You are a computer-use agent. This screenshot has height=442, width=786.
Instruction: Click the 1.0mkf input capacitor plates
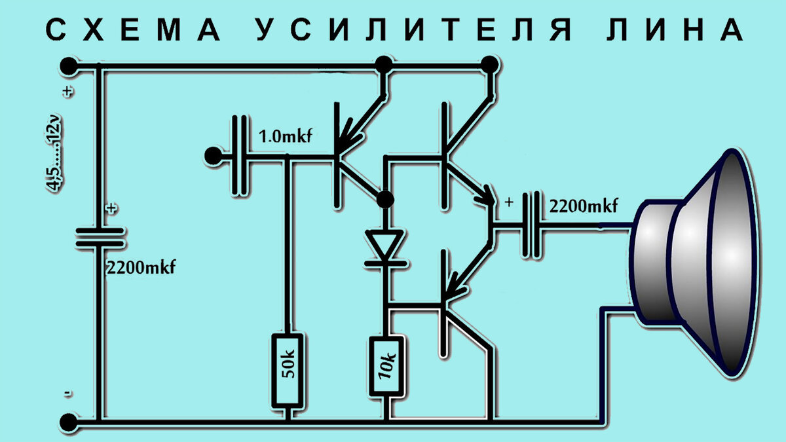click(x=241, y=156)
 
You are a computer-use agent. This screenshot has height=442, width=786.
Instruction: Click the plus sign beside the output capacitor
click(x=509, y=203)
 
